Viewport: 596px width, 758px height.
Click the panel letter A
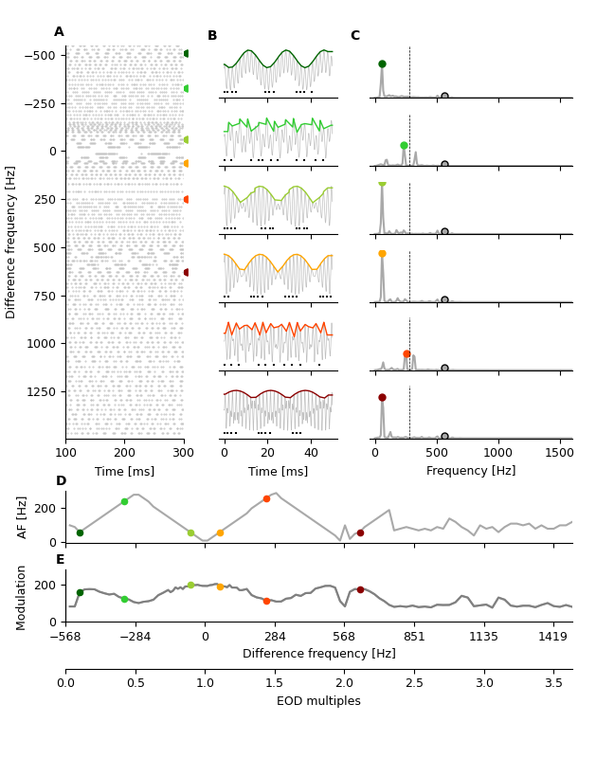(x=59, y=32)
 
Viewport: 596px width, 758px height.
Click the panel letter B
(x=212, y=36)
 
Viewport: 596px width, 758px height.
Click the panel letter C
(x=354, y=36)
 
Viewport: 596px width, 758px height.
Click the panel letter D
(x=61, y=481)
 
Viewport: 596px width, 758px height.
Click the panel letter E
(x=61, y=560)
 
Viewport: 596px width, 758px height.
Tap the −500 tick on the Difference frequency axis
(x=38, y=55)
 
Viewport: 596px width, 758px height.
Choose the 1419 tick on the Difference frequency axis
(x=553, y=637)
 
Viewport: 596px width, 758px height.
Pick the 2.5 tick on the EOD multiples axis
(x=414, y=682)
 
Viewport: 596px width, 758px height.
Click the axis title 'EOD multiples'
(x=318, y=701)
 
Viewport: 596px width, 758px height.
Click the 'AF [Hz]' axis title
(x=23, y=516)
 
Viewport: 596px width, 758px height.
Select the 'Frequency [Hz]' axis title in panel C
(x=471, y=471)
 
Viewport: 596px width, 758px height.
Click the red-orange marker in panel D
(x=266, y=498)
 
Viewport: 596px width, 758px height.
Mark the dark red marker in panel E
(x=360, y=589)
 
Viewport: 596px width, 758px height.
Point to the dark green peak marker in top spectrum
(x=382, y=64)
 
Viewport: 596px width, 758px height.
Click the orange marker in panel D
(x=220, y=532)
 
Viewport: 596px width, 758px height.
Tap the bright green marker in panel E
(x=124, y=599)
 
